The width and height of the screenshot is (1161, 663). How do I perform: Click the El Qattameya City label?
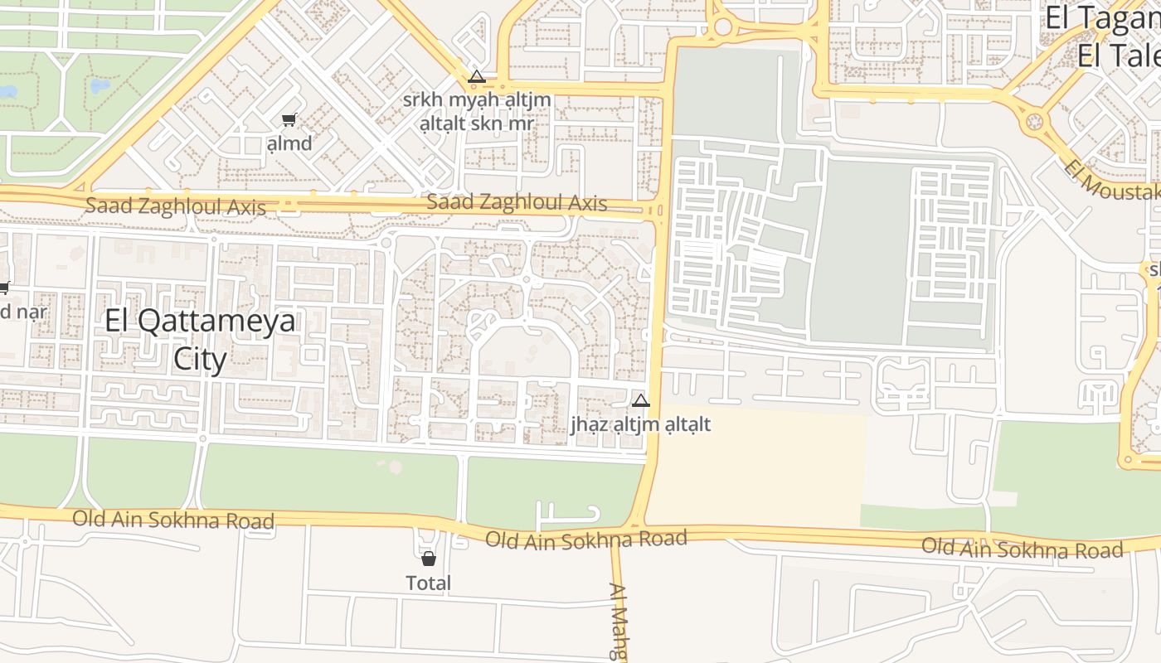pos(200,340)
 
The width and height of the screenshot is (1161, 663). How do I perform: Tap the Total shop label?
pos(429,583)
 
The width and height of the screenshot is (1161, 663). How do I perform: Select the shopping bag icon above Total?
pos(429,559)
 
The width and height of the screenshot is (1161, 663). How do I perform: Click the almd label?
pos(289,143)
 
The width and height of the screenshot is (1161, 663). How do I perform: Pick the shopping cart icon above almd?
pos(289,120)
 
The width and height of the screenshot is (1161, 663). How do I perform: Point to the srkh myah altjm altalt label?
pos(476,112)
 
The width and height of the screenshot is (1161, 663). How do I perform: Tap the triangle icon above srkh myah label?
pos(476,77)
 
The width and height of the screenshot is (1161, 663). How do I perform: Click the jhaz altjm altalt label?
pos(640,424)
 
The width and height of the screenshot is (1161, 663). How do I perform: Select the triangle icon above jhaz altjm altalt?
pos(640,401)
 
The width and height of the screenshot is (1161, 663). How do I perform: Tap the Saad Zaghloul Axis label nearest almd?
pos(176,206)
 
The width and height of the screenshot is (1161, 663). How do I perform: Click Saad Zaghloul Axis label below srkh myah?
pos(517,202)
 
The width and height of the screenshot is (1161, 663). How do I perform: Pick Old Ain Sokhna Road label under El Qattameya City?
pos(173,520)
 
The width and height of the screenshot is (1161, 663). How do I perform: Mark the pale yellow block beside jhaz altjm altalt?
pos(755,468)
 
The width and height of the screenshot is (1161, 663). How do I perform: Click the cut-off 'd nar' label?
pos(23,312)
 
